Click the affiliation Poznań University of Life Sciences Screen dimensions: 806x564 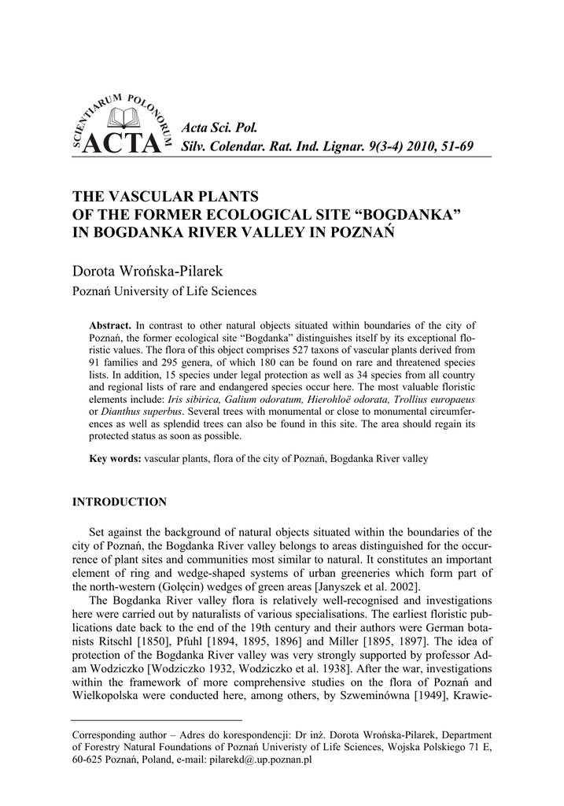click(164, 291)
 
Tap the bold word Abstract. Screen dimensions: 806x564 click(112, 326)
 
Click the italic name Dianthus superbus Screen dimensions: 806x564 click(142, 412)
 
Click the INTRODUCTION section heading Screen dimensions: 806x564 click(120, 502)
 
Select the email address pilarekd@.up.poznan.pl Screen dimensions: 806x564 click(260, 762)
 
